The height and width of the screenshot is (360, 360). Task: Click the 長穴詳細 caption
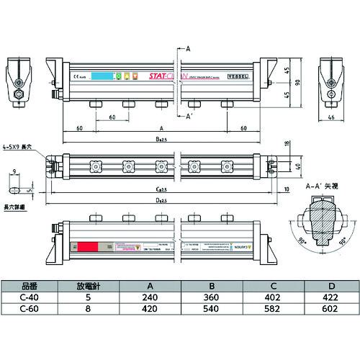(14, 207)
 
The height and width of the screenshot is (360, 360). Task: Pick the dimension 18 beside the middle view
(287, 144)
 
